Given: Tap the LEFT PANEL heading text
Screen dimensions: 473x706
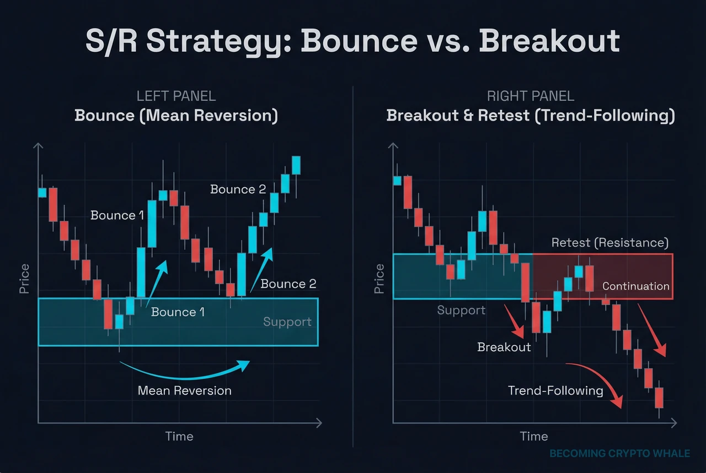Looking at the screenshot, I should (x=176, y=96).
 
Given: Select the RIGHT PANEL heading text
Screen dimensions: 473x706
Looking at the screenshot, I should (x=531, y=96).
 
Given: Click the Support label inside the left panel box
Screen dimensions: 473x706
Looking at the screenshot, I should (x=287, y=322).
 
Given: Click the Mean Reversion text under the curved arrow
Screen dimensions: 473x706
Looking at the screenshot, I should (x=185, y=391).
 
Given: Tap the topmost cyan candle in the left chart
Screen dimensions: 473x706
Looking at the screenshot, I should (x=296, y=165).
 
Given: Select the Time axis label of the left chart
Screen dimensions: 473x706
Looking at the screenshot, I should (x=179, y=437).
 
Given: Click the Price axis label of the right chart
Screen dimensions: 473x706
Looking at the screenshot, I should (x=379, y=278).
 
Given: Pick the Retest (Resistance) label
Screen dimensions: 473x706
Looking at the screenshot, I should (x=610, y=243).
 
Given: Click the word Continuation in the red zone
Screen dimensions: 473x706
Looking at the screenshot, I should (x=636, y=286).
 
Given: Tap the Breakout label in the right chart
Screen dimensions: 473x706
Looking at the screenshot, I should (x=504, y=347).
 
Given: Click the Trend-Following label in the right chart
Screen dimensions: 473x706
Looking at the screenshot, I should (x=555, y=391).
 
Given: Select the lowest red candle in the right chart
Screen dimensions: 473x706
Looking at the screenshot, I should (x=659, y=398).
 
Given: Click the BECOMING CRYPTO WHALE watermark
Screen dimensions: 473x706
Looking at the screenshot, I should (x=620, y=454).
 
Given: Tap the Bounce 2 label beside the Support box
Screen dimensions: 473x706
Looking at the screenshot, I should (x=288, y=284).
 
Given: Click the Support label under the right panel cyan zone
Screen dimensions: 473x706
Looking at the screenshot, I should (x=461, y=311).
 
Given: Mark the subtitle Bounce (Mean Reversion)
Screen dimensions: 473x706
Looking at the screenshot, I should (x=176, y=116).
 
